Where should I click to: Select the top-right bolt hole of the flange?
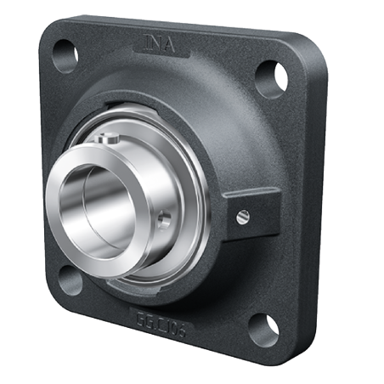269,76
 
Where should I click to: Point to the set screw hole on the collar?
164,218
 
